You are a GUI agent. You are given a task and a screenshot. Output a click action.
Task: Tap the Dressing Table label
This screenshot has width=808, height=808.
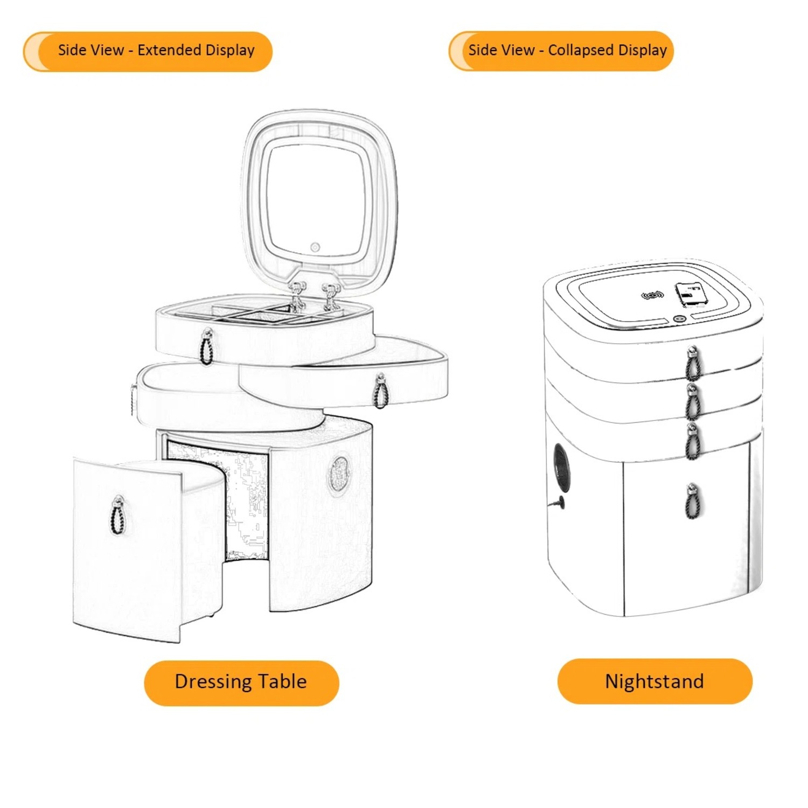tap(241, 682)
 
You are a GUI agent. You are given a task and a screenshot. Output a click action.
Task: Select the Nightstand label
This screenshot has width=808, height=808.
tap(654, 681)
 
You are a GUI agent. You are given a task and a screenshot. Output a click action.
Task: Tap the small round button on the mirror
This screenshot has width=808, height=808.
tap(315, 247)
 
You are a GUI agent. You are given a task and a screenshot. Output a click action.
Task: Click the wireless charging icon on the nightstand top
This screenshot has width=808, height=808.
tap(652, 295)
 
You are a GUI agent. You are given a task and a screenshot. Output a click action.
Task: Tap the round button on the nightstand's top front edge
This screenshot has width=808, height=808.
tap(678, 319)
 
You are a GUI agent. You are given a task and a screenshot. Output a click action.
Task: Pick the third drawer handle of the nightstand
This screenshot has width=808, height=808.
tap(693, 440)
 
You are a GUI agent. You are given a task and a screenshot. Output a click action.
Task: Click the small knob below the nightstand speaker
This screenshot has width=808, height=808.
tap(558, 503)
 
